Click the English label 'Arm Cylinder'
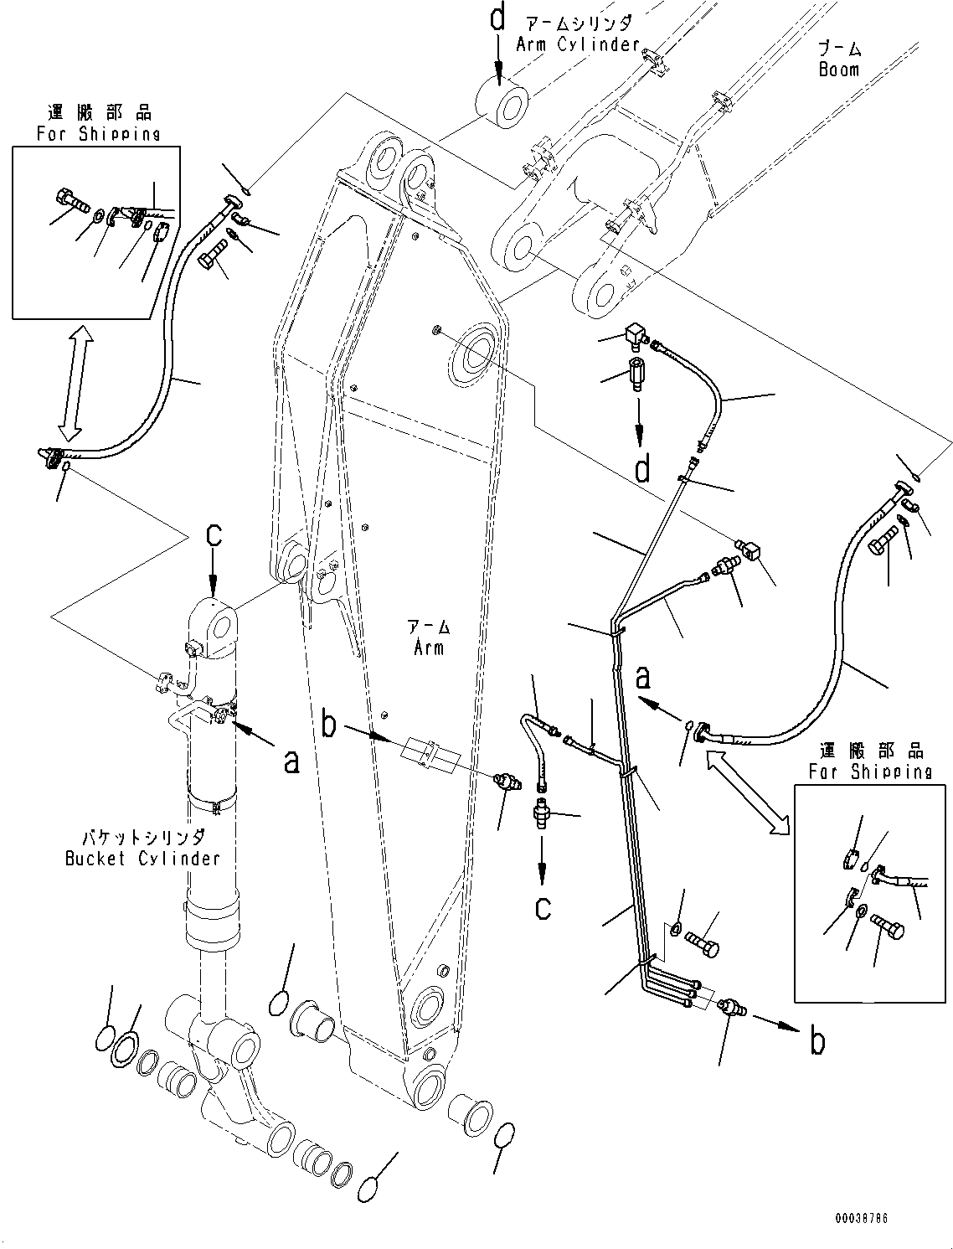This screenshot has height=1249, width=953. point(578,44)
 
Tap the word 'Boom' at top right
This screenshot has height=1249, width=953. point(838,70)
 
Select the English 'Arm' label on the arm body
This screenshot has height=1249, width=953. point(427,648)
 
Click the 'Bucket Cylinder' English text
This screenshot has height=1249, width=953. point(142,858)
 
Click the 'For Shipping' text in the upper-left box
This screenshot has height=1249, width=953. point(97,134)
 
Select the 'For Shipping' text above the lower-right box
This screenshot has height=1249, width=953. point(869,772)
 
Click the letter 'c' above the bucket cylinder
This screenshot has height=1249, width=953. point(214,535)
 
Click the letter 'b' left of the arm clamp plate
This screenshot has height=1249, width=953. point(330,725)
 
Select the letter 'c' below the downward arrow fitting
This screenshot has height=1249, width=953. point(543,907)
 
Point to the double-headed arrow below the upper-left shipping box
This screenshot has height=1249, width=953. point(71,384)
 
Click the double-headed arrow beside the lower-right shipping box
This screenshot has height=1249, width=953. point(748,792)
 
